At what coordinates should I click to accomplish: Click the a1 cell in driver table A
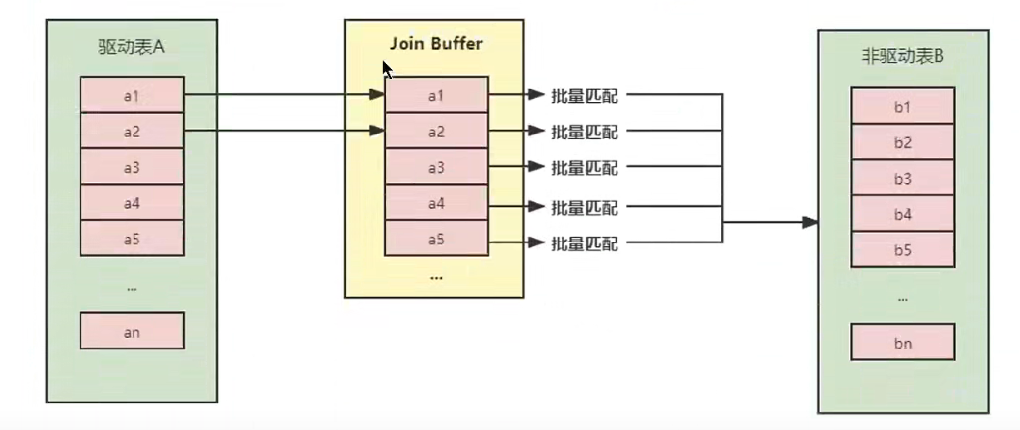[x=132, y=95]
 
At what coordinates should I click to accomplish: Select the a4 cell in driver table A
[x=132, y=203]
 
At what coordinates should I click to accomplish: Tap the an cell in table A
[x=132, y=332]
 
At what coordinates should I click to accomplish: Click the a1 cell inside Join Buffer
[x=436, y=95]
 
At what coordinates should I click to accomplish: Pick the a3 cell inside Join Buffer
[x=436, y=167]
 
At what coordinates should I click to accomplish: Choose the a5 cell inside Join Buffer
[x=436, y=239]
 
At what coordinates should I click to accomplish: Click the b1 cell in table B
[x=902, y=106]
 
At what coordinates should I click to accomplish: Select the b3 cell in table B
[x=902, y=178]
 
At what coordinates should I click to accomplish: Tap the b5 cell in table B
[x=902, y=249]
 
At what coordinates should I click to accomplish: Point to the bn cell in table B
[x=902, y=343]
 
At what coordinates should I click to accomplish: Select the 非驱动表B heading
[x=901, y=56]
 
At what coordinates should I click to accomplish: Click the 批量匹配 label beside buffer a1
[x=585, y=96]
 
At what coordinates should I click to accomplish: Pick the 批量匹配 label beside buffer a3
[x=585, y=168]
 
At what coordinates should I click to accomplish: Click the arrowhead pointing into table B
[x=809, y=223]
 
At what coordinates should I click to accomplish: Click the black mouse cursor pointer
[x=387, y=69]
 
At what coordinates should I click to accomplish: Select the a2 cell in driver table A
[x=132, y=131]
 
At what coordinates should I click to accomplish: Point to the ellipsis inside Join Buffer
[x=436, y=278]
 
